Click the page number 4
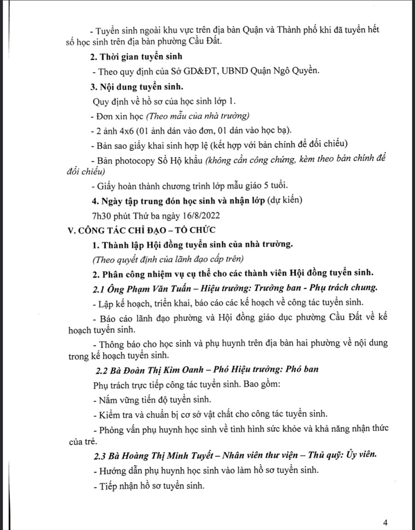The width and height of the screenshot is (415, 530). click(x=385, y=523)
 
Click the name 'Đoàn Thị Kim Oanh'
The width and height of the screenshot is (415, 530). click(x=153, y=370)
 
